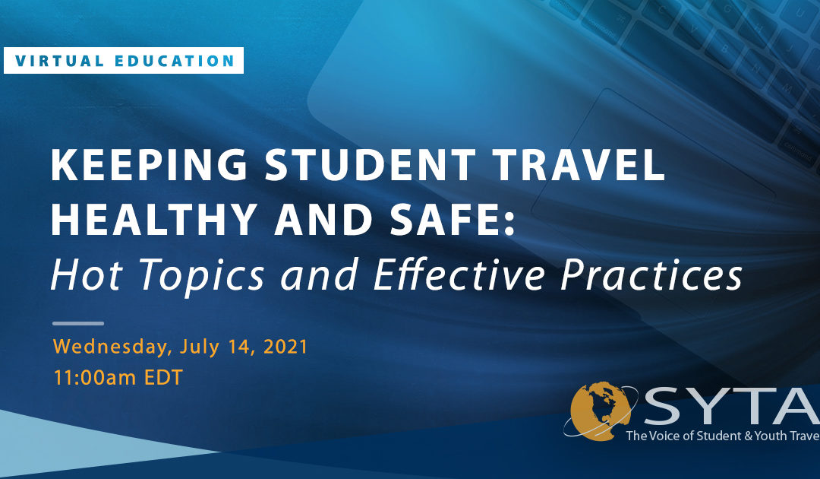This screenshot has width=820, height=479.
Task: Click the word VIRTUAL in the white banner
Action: [x=59, y=62]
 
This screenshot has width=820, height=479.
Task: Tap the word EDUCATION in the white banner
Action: [x=174, y=62]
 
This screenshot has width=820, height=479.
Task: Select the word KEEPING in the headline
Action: [x=149, y=165]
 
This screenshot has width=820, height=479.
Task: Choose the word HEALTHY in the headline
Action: [x=153, y=220]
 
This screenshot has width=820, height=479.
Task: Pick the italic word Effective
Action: [x=460, y=274]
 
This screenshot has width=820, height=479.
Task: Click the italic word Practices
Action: [x=651, y=274]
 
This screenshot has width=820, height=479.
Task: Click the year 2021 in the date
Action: [x=285, y=347]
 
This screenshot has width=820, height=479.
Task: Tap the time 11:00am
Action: [x=95, y=377]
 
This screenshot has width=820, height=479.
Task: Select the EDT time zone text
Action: [x=163, y=377]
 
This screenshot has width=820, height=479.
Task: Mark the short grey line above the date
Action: [x=78, y=324]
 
